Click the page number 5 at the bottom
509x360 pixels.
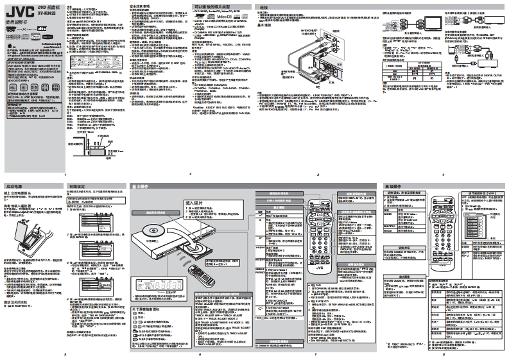[65, 354]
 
